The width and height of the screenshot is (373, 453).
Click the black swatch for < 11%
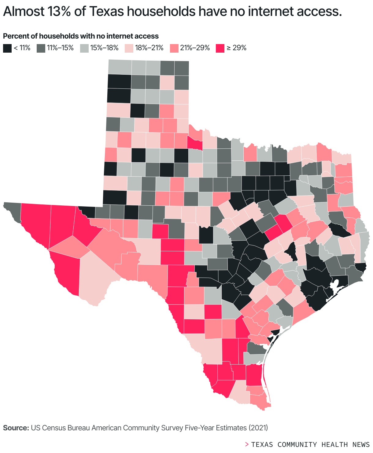(7, 48)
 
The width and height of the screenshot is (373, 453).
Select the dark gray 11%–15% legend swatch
(41, 48)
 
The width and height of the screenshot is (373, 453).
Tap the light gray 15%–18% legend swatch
(84, 48)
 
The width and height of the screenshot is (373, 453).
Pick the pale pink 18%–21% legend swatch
(129, 48)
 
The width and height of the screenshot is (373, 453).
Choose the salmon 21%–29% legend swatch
(174, 48)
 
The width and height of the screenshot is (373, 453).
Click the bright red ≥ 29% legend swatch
(220, 48)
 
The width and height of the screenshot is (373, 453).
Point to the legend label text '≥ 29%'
(236, 48)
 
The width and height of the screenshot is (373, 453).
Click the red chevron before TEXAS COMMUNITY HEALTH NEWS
(247, 444)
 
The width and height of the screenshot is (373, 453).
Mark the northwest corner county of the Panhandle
(120, 67)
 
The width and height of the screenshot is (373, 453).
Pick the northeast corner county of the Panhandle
(182, 68)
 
